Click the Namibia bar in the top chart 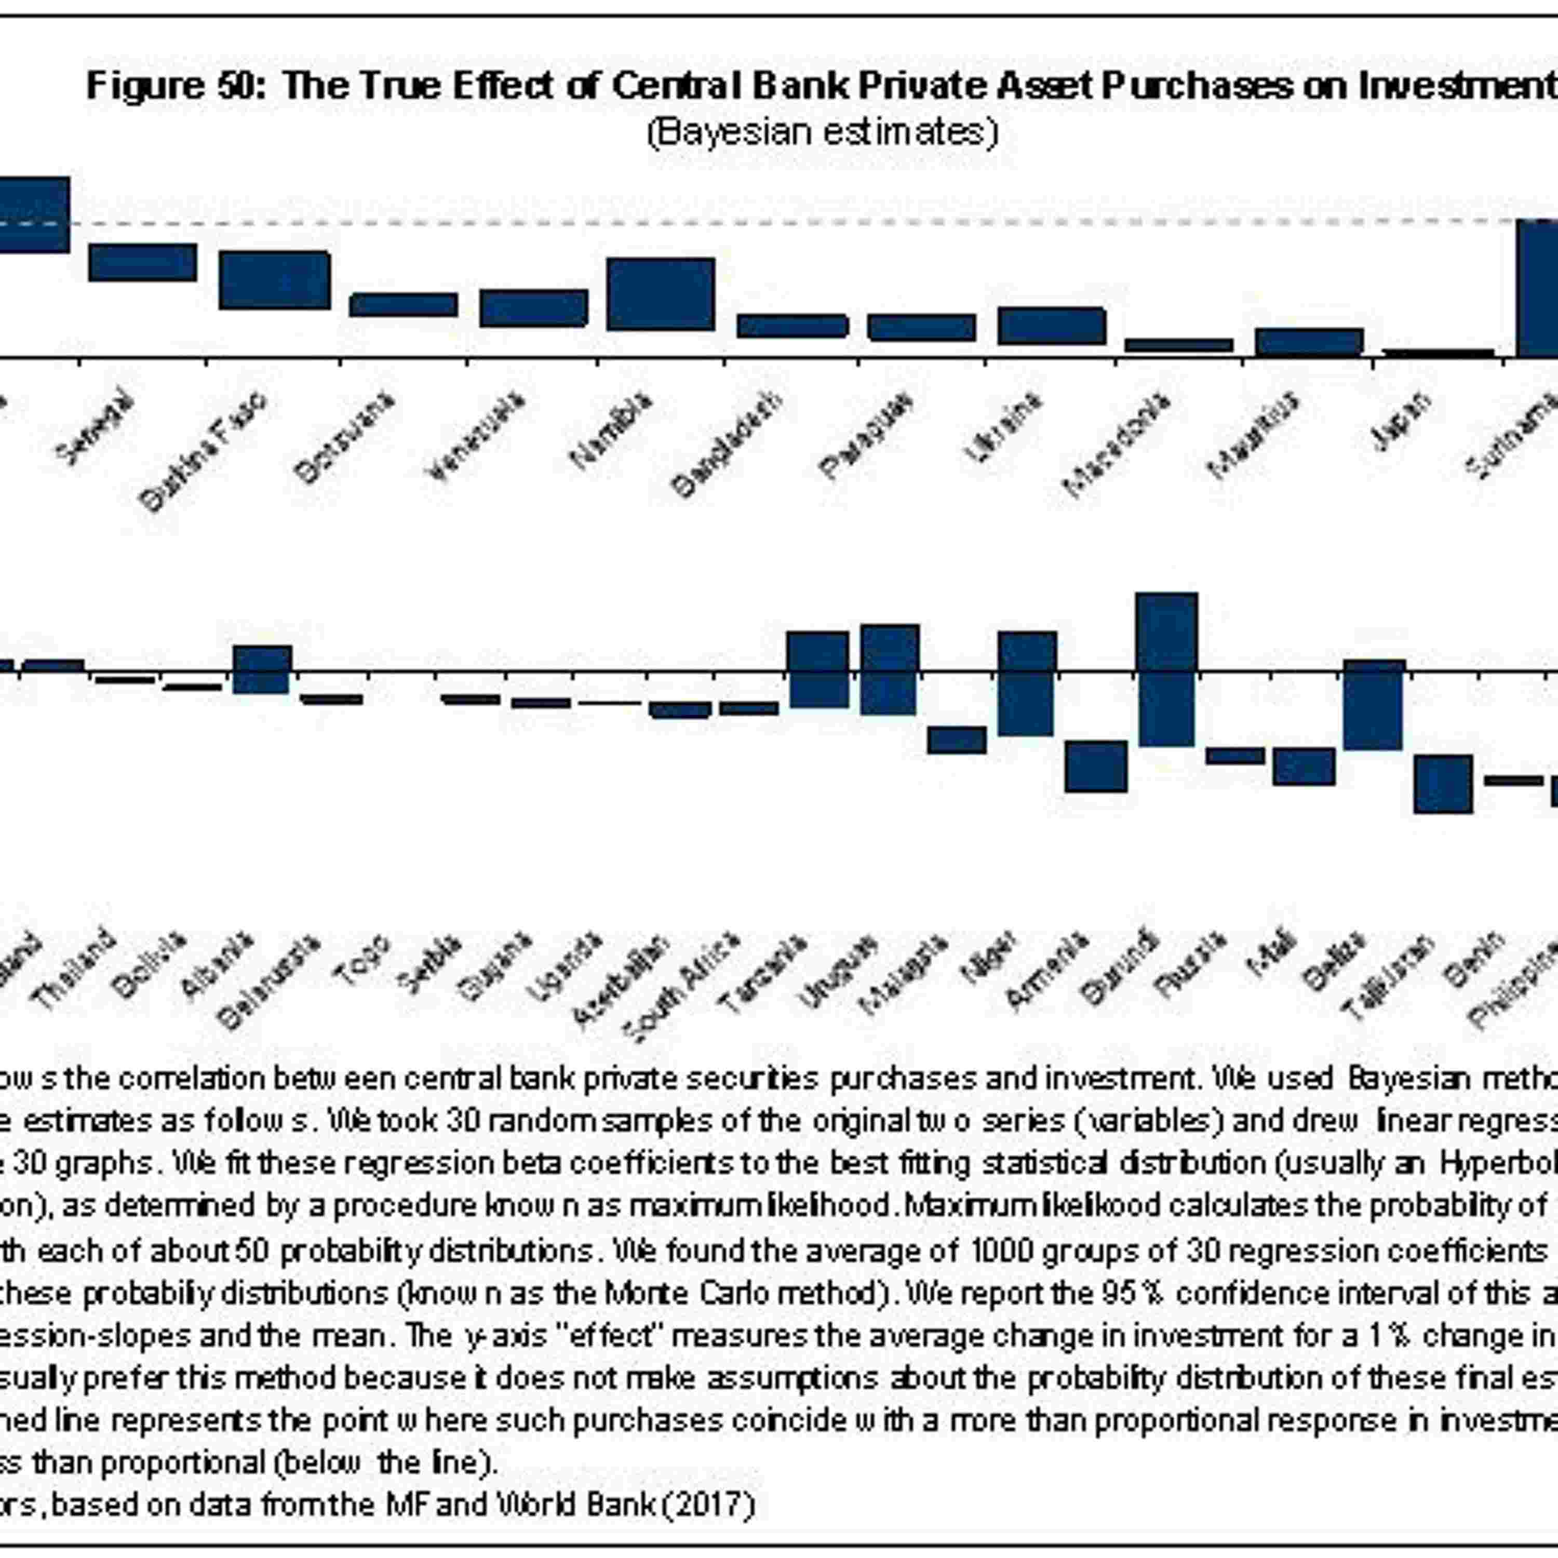[x=661, y=294]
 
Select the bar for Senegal [x=143, y=262]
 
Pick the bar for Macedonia [x=1179, y=344]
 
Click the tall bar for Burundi [x=1167, y=669]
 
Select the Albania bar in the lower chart [x=262, y=669]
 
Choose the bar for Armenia [x=1096, y=766]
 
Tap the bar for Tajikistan [x=1444, y=783]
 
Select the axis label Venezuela [x=476, y=436]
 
